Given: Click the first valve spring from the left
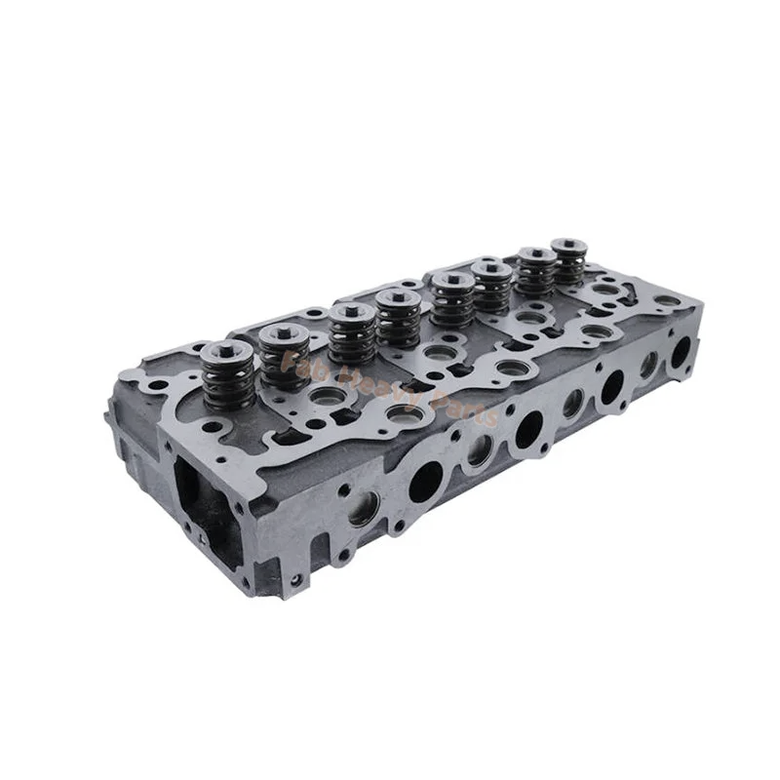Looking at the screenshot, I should point(226,375).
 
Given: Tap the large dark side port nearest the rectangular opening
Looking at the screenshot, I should point(425,481).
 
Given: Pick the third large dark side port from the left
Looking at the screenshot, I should point(612,385).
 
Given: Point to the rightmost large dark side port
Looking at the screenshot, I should point(680,351).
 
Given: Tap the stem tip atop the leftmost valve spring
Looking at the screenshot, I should point(227,348).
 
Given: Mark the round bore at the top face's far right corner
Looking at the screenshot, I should point(665,300).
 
